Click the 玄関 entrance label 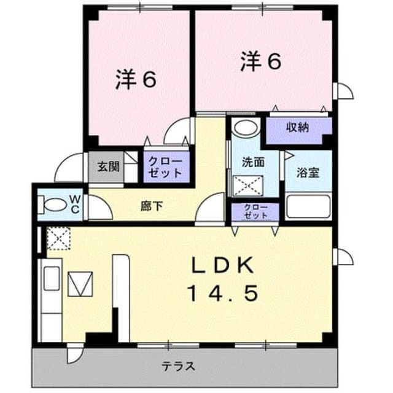point(108,166)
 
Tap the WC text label point(75,204)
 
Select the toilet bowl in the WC point(53,205)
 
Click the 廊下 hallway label point(152,206)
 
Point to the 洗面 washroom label point(253,162)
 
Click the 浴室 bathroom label point(308,173)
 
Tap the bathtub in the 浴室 point(308,206)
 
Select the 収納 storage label point(297,128)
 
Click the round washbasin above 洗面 point(246,128)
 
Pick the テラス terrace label point(178,367)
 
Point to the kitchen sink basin point(52,278)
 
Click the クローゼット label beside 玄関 point(165,167)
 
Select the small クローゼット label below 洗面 point(255,212)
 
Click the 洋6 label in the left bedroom point(136,79)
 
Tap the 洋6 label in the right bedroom point(260,61)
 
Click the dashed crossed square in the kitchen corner point(59,238)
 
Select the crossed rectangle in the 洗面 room point(248,185)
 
